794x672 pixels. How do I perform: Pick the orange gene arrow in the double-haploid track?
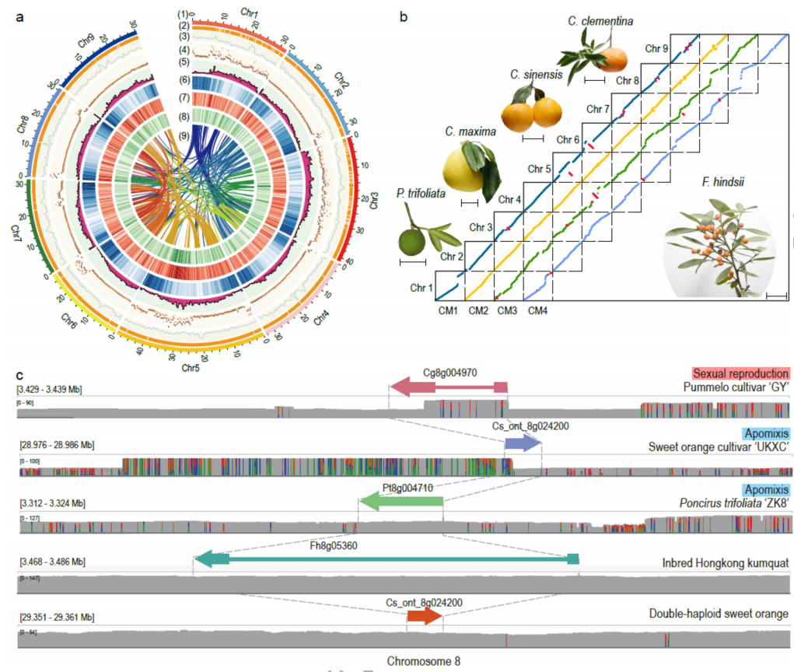[x=424, y=617]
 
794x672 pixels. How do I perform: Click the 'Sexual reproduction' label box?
[x=741, y=373]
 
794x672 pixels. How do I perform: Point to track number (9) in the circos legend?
[x=183, y=136]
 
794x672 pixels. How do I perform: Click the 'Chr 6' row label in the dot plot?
[x=568, y=140]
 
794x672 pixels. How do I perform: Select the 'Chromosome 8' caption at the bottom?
[x=424, y=661]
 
